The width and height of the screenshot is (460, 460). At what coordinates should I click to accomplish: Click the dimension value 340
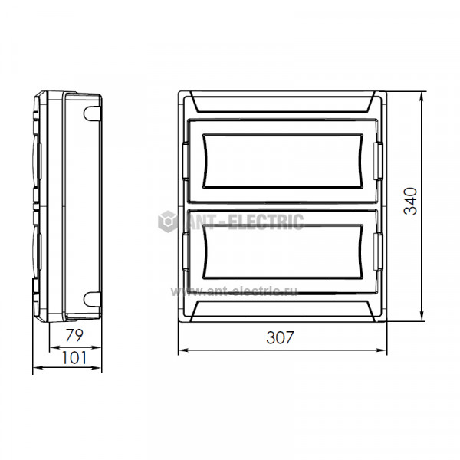tap(411, 201)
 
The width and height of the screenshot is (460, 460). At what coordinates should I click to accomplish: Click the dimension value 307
tap(280, 337)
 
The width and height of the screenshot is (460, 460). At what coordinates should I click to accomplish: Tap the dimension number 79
tap(74, 335)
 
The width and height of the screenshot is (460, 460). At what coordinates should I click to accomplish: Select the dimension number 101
tap(74, 358)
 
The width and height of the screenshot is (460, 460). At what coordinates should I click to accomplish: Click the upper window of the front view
tap(283, 161)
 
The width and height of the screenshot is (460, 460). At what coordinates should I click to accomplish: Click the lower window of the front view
tap(283, 251)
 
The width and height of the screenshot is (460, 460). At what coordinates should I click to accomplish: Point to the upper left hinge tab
tap(186, 160)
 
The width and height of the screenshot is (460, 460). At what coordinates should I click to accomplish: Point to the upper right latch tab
tap(378, 161)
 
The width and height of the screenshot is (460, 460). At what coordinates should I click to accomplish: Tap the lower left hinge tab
tap(186, 251)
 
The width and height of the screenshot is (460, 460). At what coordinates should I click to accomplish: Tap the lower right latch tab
tap(378, 251)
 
